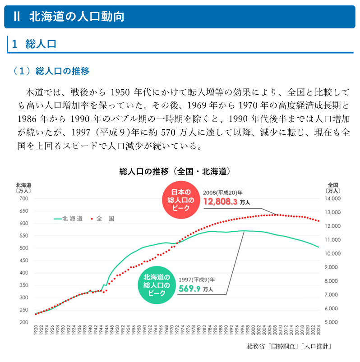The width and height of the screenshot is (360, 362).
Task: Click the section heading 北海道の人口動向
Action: [76, 17]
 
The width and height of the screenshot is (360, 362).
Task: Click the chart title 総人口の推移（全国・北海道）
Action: [176, 171]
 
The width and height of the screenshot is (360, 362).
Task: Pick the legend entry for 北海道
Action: [69, 219]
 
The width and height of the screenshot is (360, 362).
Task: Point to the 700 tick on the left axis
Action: [23, 199]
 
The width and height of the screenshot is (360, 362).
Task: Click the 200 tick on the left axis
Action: [23, 322]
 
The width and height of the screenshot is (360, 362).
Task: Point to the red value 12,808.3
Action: [220, 202]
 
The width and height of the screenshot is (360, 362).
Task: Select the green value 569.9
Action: [189, 289]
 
